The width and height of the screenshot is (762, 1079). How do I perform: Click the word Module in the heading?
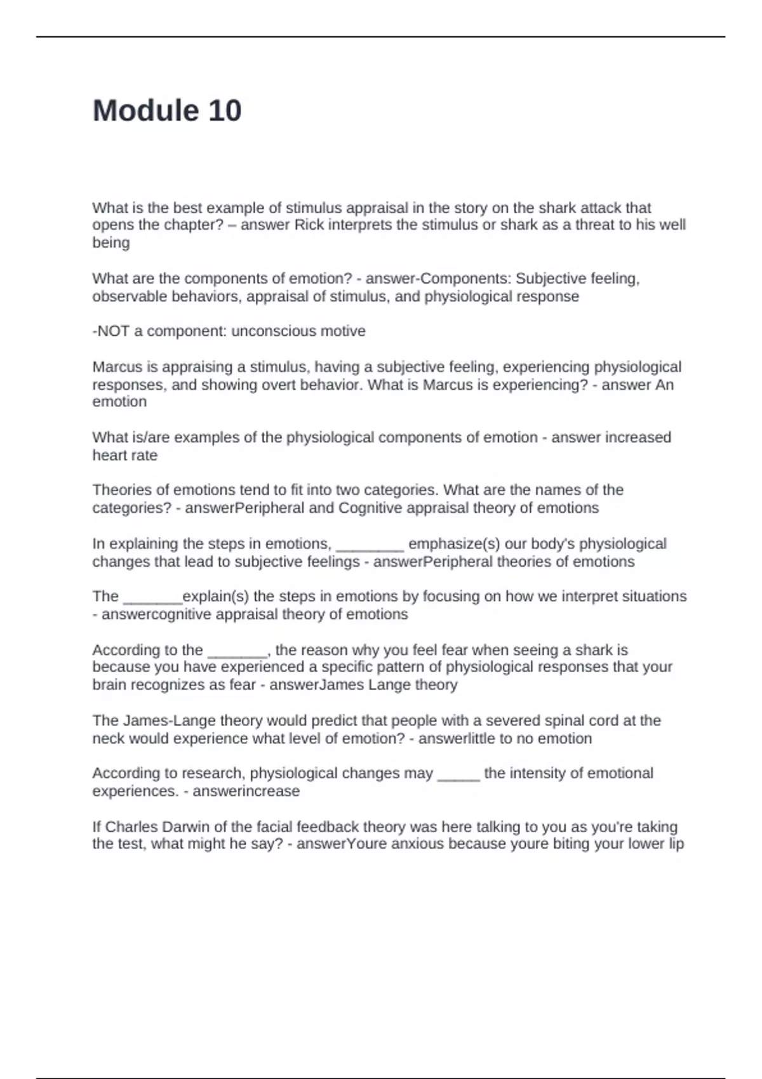click(145, 110)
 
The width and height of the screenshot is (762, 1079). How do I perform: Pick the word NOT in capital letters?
click(114, 331)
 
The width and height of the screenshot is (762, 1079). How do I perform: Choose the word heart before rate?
click(109, 455)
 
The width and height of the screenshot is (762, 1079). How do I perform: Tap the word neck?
click(108, 738)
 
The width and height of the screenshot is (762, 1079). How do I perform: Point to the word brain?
click(110, 685)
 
